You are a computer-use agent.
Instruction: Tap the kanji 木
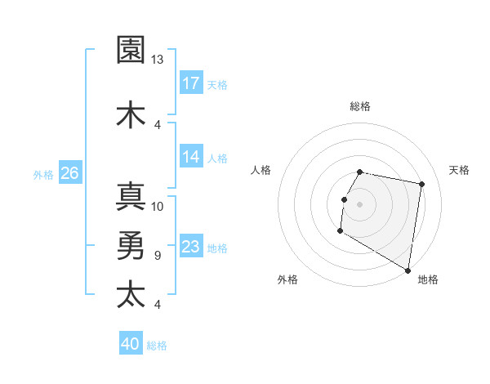point(131,114)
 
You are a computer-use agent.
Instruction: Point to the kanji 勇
point(131,245)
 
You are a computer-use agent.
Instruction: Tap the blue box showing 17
point(191,83)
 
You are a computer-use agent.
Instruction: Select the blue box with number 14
point(191,157)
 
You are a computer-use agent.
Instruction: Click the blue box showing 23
point(191,248)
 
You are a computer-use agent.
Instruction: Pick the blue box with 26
point(70,173)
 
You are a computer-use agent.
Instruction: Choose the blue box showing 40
point(130,345)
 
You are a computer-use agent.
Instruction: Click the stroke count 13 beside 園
point(158,59)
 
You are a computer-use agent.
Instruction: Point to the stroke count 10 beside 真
point(158,207)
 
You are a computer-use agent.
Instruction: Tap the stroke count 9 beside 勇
point(157,256)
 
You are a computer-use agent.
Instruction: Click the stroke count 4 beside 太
point(157,305)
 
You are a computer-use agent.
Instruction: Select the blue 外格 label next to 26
point(43,174)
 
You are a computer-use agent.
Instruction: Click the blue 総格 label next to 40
point(157,346)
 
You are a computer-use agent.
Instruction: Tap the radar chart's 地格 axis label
point(428,279)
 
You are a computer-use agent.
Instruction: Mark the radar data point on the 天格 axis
point(421,184)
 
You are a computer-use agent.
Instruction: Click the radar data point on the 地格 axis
point(408,270)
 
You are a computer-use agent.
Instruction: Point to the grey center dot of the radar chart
point(359,204)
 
